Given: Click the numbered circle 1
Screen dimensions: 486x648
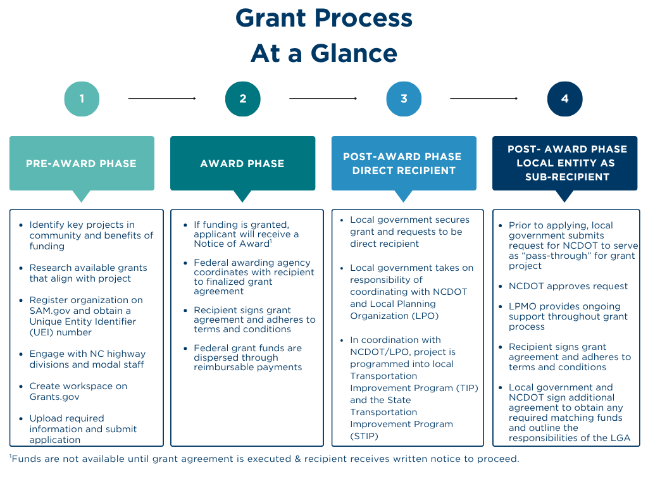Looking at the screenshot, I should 82,99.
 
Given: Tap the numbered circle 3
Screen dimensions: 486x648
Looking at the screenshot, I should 404,99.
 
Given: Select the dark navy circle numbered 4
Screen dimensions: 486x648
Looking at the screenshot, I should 564,99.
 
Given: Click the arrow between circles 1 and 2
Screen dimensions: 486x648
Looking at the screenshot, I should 162,99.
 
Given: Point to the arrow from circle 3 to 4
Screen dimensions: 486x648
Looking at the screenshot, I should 484,99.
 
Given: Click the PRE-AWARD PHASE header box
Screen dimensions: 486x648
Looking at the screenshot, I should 82,163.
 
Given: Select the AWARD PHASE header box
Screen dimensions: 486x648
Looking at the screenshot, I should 242,163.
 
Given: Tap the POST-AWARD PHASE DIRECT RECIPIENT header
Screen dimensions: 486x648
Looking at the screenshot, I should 404,163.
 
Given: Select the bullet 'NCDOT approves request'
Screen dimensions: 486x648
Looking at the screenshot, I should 568,286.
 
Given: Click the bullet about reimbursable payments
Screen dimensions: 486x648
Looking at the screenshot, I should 247,358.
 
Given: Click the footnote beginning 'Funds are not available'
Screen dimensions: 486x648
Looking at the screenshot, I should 266,459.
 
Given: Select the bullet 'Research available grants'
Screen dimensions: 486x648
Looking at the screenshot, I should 88,273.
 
